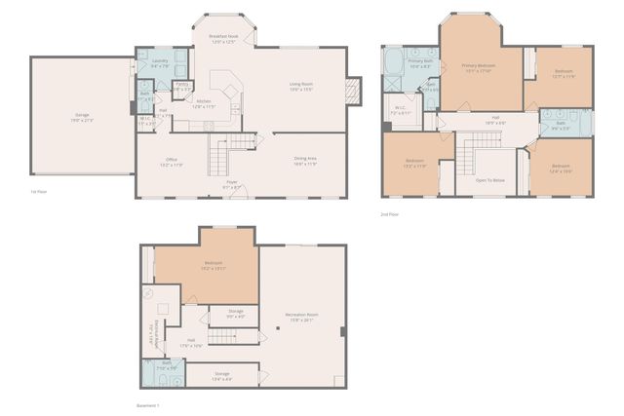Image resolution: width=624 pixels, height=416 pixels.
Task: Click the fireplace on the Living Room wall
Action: [x=351, y=93]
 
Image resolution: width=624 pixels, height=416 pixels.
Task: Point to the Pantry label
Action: [x=182, y=86]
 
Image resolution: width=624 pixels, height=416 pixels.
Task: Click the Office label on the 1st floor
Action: [x=171, y=161]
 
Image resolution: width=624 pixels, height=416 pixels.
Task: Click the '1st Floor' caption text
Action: [x=39, y=192]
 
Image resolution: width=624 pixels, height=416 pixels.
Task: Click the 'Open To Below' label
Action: [x=489, y=180]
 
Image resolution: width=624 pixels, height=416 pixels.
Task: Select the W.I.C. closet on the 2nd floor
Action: [x=401, y=109]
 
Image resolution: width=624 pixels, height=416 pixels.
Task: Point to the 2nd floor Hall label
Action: [x=497, y=121]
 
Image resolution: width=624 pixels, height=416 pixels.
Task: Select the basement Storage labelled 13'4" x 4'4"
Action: [x=222, y=374]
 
